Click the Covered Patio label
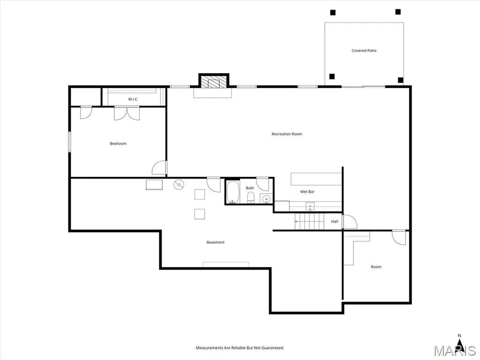(x=364, y=51)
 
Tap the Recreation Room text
(x=287, y=134)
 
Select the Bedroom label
(x=118, y=143)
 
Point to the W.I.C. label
(x=133, y=99)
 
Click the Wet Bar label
(x=307, y=192)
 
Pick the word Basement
(x=216, y=242)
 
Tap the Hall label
(x=335, y=221)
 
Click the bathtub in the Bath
(x=233, y=192)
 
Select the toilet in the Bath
(x=251, y=197)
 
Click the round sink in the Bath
(x=266, y=199)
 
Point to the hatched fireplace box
(x=214, y=82)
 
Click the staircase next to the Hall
(x=309, y=221)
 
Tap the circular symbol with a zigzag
(x=179, y=185)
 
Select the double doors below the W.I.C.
(x=127, y=113)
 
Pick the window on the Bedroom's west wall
(x=69, y=142)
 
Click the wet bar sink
(x=310, y=206)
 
